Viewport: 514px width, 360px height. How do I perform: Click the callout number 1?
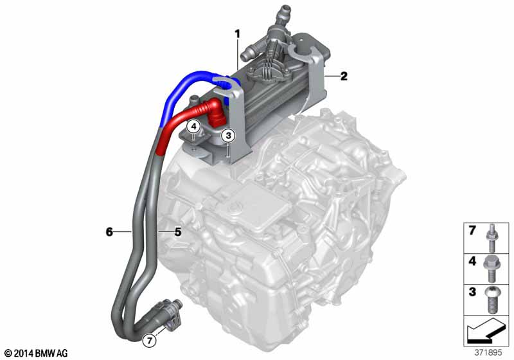[x=237, y=33]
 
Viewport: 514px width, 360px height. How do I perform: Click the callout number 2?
[x=344, y=76]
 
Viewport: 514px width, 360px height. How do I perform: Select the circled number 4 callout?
[x=193, y=125]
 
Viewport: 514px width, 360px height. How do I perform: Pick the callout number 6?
[x=109, y=230]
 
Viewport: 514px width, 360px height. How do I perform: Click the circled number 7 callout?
[x=150, y=340]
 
